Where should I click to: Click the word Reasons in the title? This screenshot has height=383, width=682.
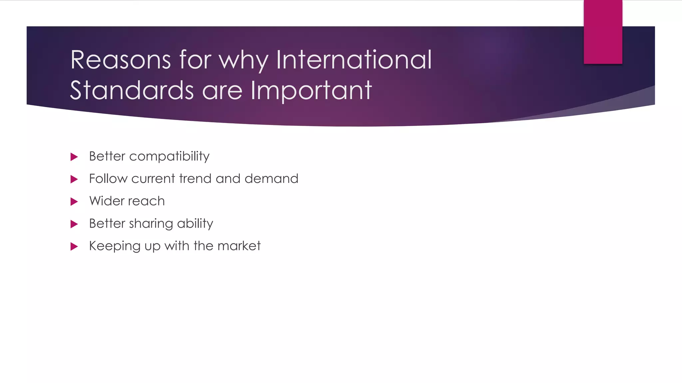pyautogui.click(x=121, y=60)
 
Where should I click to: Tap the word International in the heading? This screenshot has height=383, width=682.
pyautogui.click(x=354, y=60)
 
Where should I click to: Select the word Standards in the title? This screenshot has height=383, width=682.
pyautogui.click(x=132, y=90)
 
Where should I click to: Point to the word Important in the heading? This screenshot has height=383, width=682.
pyautogui.click(x=311, y=91)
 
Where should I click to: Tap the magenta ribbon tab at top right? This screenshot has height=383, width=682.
pyautogui.click(x=603, y=32)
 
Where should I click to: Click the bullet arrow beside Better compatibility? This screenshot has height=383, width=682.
pyautogui.click(x=74, y=157)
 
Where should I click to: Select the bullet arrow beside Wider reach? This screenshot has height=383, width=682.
pyautogui.click(x=74, y=201)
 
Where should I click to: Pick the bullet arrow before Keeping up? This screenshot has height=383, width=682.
pyautogui.click(x=74, y=246)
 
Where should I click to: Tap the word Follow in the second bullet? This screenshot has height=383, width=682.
pyautogui.click(x=108, y=179)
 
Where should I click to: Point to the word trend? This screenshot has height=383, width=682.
pyautogui.click(x=195, y=179)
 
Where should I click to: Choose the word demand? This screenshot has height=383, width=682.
pyautogui.click(x=271, y=179)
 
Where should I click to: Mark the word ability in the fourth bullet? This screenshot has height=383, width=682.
pyautogui.click(x=195, y=224)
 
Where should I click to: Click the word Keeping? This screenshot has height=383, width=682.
pyautogui.click(x=115, y=246)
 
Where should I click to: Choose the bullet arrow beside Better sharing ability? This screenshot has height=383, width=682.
pyautogui.click(x=74, y=224)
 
